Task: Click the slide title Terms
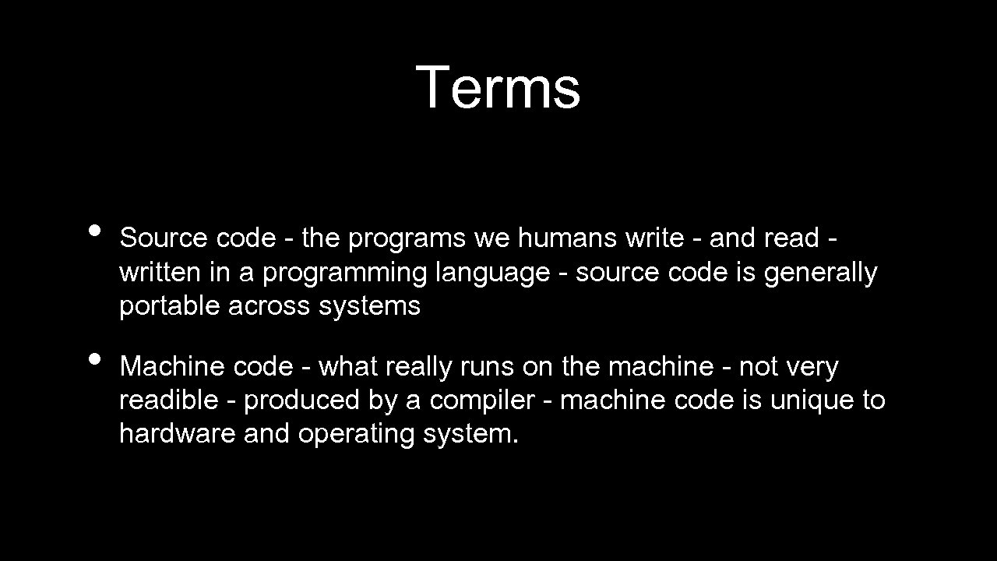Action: click(498, 86)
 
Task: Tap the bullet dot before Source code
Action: click(95, 231)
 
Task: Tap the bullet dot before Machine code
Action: click(95, 359)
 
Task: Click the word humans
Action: click(568, 238)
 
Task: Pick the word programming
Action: click(345, 273)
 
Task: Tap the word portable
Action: click(170, 306)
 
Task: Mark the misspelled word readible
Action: click(168, 400)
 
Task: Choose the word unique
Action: click(809, 401)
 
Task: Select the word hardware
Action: click(178, 433)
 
